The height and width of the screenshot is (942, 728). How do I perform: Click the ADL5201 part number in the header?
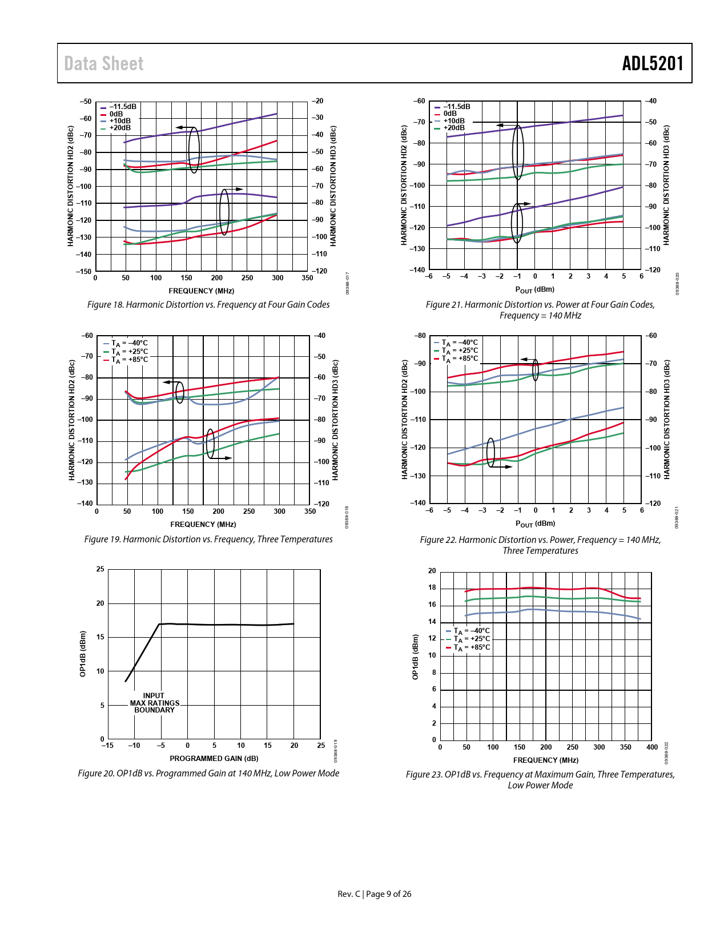click(653, 63)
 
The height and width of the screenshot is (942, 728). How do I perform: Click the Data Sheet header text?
click(104, 63)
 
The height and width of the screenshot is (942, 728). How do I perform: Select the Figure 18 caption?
click(208, 305)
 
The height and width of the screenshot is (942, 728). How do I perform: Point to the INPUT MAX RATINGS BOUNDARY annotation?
click(154, 703)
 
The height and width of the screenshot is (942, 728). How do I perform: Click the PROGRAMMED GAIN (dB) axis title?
click(214, 759)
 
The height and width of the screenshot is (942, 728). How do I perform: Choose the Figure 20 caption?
click(208, 774)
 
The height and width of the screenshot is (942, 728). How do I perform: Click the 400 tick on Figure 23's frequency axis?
click(652, 747)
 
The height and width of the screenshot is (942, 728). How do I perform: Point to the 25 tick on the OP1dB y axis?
click(100, 569)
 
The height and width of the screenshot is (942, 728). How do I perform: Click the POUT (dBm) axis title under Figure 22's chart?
click(535, 524)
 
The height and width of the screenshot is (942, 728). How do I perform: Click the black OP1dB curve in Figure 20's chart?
click(228, 625)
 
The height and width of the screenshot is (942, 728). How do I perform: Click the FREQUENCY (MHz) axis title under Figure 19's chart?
click(203, 525)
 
